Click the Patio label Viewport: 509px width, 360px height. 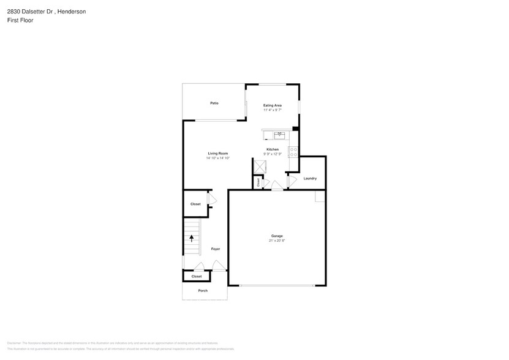coord(214,103)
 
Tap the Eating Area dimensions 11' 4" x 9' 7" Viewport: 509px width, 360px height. coord(273,111)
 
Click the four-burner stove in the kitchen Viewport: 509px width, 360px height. coord(293,151)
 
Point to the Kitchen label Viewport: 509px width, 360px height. coord(273,149)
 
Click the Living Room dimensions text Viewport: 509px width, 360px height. coord(218,158)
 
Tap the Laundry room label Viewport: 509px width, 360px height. coord(310,178)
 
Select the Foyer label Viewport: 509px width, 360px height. coord(216,249)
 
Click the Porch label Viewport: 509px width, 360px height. coord(203,291)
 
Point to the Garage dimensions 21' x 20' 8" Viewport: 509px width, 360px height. coord(277,241)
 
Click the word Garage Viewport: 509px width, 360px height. coord(277,236)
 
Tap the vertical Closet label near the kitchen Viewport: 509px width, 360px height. coord(258,182)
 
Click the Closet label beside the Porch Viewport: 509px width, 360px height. coord(196,277)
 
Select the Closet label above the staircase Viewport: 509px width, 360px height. coord(195,204)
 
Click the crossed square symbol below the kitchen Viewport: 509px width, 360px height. coord(260,166)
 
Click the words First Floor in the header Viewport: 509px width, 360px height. coord(20,20)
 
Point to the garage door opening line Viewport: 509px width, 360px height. coord(277,285)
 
